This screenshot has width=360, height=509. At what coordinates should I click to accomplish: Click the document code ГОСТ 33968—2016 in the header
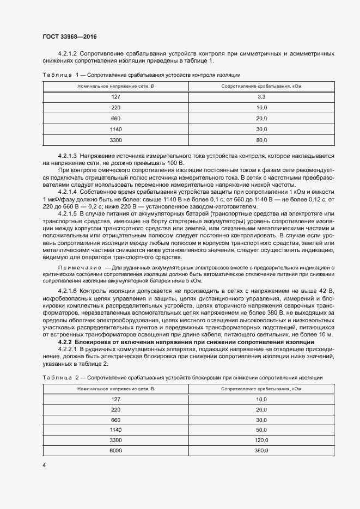[70, 36]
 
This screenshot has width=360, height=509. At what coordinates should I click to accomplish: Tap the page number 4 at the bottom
[44, 464]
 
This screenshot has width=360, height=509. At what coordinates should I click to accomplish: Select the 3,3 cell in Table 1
[261, 96]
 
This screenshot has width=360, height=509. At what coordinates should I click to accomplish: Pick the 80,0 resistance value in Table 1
[261, 140]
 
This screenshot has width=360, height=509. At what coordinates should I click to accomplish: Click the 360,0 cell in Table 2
[261, 451]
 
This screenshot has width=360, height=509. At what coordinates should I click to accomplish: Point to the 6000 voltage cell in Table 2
[115, 451]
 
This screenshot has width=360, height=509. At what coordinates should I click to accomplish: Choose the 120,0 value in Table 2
[261, 440]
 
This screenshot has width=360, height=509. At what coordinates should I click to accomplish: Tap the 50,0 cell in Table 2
[261, 429]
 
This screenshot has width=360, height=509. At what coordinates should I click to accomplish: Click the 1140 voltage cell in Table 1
[115, 129]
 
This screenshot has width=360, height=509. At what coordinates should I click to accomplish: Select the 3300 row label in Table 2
[115, 440]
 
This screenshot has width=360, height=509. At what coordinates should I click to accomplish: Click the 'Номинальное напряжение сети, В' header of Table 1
[115, 86]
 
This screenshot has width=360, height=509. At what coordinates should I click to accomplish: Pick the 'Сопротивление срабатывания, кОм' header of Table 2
[261, 389]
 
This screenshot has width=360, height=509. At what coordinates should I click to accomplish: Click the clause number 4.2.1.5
[69, 214]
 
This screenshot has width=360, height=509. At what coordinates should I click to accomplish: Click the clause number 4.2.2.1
[69, 348]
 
